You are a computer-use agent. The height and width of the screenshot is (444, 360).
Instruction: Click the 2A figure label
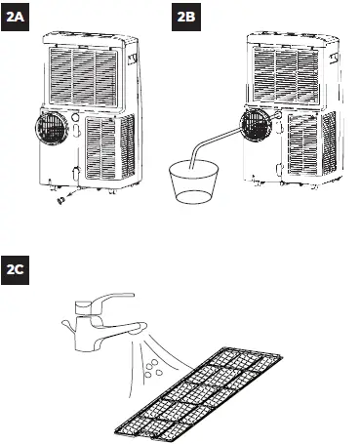tap(19, 17)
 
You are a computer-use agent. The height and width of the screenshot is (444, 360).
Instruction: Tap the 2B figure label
tap(188, 17)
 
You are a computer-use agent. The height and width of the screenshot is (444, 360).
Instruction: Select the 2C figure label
tap(19, 266)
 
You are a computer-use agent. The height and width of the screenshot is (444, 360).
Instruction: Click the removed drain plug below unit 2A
tap(60, 201)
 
